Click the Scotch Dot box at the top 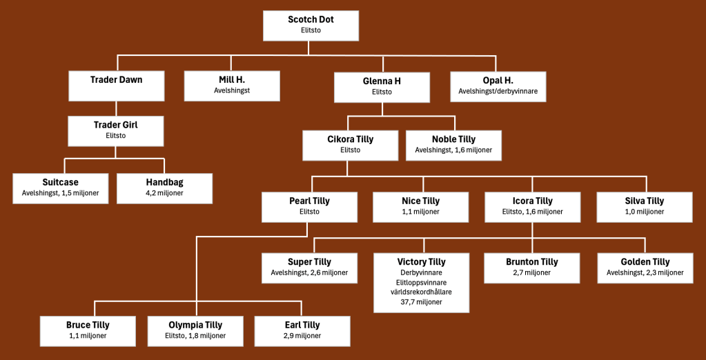point(311,25)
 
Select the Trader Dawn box point(116,86)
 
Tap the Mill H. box point(231,86)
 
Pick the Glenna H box point(382,87)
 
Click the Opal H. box point(498,86)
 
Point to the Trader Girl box point(116,130)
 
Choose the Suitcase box point(60,188)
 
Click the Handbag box point(164,188)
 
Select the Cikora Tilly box point(350,144)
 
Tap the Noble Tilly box point(453,144)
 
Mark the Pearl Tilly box point(309,206)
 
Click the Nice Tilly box point(420,206)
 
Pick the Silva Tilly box point(644,206)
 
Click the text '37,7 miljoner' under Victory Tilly point(421,301)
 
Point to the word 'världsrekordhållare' point(421,292)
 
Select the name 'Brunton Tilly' point(531,262)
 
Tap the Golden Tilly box point(645,267)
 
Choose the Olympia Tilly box point(195,330)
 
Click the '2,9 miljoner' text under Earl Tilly point(302,336)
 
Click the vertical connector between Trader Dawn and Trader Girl point(116,108)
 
